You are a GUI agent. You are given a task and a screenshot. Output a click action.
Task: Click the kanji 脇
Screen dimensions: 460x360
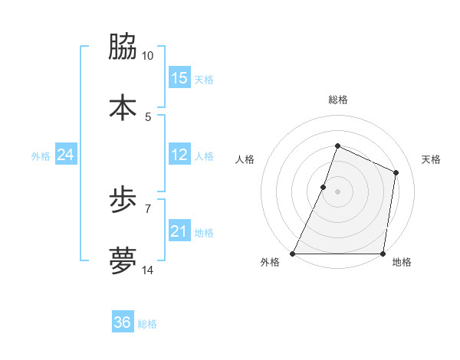coord(123,47)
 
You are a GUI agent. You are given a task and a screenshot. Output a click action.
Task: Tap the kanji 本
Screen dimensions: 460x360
coord(123,106)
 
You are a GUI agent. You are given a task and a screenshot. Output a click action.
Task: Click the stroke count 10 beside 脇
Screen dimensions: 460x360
coord(148,56)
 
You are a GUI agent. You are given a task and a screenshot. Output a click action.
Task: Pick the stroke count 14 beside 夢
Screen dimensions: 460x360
coord(148,270)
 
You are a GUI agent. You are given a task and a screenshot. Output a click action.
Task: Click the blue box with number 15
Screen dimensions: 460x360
coord(179,78)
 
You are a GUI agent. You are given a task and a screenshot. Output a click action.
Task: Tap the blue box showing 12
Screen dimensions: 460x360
coord(179,155)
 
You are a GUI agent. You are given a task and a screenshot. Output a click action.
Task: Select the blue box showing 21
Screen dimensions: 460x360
coord(179,231)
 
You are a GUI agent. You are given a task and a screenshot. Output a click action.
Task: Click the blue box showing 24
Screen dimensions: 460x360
coord(65,155)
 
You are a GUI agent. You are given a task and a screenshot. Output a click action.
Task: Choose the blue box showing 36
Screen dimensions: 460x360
coord(122,322)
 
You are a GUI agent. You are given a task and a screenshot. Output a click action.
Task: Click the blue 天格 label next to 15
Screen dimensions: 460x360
coord(204,80)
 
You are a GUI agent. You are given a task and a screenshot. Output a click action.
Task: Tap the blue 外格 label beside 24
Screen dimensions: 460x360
coord(41,156)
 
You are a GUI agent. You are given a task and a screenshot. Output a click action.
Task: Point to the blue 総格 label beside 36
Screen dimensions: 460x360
coord(147,324)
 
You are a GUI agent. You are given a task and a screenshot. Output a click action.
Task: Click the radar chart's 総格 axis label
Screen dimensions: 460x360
coord(338,100)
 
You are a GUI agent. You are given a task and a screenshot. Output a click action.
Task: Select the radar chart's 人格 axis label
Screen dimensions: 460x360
coord(245,160)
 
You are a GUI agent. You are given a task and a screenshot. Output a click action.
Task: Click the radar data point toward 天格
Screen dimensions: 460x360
coord(396,172)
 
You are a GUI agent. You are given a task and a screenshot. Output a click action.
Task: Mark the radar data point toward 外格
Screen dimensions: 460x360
coord(293,254)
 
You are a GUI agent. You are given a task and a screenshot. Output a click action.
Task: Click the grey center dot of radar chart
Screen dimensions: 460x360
coord(337,191)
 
